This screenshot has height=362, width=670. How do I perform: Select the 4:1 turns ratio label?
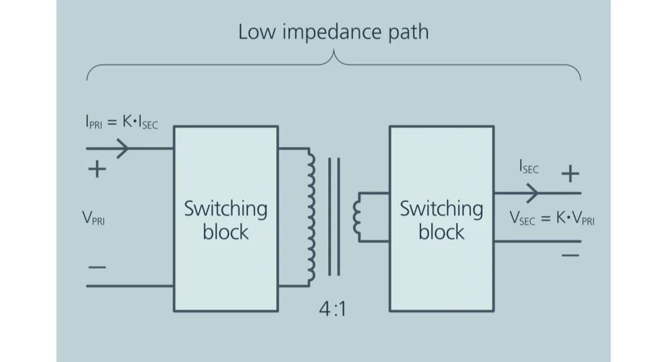[x=332, y=308]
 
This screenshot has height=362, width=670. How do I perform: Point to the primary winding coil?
[x=310, y=217]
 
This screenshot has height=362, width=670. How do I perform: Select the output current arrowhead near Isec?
[x=532, y=193]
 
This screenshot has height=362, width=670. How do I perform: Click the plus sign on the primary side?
[x=97, y=169]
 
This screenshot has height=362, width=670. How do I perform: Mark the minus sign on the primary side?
[x=97, y=267]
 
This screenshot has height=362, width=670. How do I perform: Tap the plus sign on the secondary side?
[x=569, y=174]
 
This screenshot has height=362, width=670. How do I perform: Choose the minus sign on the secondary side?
[x=569, y=255]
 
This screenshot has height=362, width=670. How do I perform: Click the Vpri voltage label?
[x=94, y=219]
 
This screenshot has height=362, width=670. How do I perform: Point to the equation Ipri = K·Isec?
[x=122, y=124]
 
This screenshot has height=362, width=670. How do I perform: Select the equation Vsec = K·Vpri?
[x=552, y=218]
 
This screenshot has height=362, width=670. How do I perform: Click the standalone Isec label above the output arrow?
[x=529, y=168]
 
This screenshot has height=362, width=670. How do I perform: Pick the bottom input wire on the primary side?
[x=130, y=286]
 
